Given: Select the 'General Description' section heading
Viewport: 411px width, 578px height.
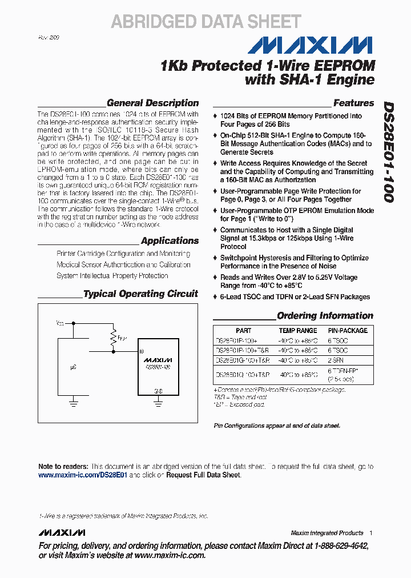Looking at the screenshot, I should tap(152, 103).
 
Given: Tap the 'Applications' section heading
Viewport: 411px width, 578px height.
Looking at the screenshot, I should tap(170, 241).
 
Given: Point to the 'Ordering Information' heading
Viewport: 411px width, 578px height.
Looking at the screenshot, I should tap(325, 316).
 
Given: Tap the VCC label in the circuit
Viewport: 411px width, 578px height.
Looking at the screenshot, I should tap(60, 324).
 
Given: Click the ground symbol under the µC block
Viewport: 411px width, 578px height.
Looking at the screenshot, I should tap(73, 403).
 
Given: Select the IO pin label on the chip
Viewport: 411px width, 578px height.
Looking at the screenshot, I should tap(141, 351).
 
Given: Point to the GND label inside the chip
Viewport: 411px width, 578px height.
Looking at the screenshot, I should tap(158, 391).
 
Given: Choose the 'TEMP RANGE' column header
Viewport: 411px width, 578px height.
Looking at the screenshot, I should tap(297, 331).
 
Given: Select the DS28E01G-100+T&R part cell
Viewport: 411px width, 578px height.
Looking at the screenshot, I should tap(242, 360).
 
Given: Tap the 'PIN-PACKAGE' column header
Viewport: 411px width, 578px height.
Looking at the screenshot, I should tap(347, 331).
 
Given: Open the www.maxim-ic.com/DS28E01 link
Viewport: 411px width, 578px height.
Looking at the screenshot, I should tap(83, 475).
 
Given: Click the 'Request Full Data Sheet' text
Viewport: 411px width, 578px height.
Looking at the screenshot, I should tap(203, 475).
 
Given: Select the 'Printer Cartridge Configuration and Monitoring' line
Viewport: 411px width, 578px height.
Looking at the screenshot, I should tap(123, 254).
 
